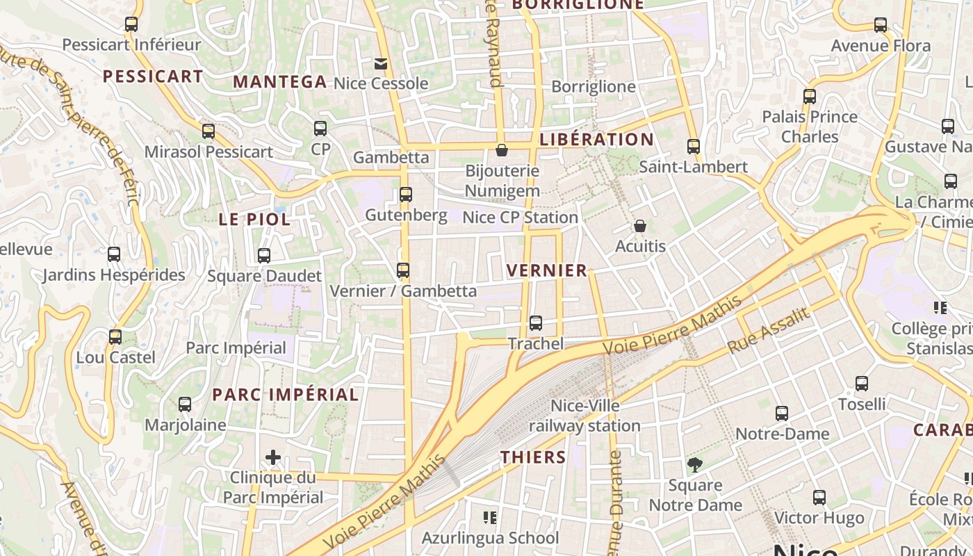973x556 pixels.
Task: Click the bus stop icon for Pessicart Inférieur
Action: click(131, 24)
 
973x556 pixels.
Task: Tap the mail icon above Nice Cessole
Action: click(380, 64)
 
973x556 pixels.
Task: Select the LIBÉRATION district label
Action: click(596, 139)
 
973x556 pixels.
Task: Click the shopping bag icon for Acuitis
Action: click(640, 226)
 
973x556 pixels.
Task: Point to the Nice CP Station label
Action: click(520, 218)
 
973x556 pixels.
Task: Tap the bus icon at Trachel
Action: click(535, 323)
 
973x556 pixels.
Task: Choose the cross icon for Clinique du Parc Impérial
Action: click(273, 457)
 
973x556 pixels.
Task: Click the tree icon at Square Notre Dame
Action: click(694, 465)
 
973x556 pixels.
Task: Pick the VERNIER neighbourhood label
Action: click(547, 270)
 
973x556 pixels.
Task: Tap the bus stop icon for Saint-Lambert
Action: click(693, 147)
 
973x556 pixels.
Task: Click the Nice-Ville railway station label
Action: click(584, 416)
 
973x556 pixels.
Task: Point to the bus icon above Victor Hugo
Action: click(819, 498)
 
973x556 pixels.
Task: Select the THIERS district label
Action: click(534, 457)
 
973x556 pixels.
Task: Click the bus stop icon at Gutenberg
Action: click(406, 195)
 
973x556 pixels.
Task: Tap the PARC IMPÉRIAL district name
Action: click(286, 395)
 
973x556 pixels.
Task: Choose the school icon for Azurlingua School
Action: click(490, 518)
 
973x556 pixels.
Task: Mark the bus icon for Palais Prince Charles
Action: click(810, 97)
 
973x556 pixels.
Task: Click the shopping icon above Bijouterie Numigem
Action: click(502, 150)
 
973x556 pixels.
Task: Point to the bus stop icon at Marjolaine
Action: click(185, 404)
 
